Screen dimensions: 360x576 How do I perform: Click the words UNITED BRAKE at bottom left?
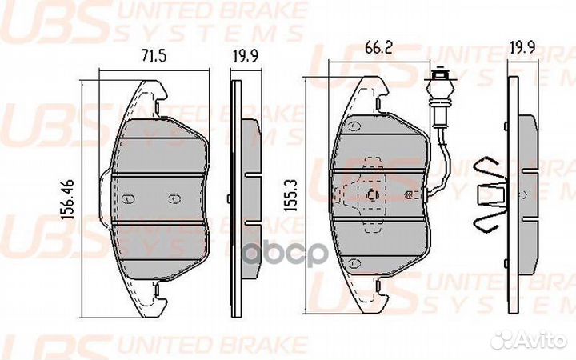(211, 342)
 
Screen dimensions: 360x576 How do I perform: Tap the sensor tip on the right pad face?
(410, 195)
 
